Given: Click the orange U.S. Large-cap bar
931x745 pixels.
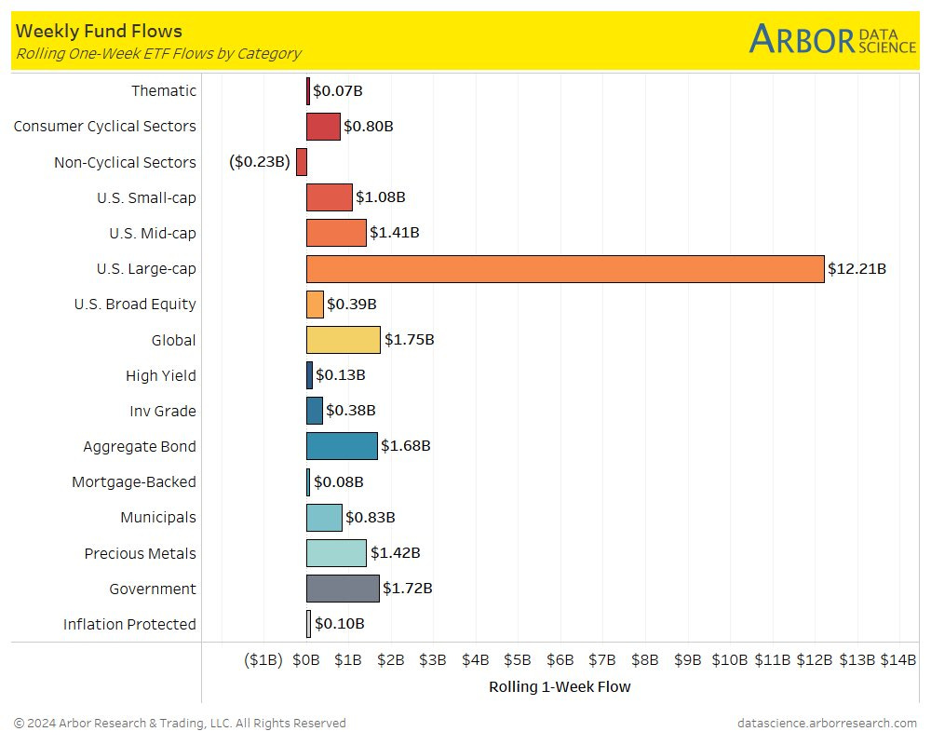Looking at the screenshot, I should (x=565, y=269).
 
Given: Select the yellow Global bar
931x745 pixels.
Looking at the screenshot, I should (x=343, y=340).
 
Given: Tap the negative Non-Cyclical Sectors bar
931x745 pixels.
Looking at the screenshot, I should (x=302, y=162).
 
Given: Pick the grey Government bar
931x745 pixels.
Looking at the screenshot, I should (x=343, y=589).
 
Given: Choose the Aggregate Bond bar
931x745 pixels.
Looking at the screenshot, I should (x=342, y=446).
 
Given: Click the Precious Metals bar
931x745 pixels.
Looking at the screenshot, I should (x=336, y=553).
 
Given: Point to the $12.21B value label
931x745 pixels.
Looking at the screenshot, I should (x=857, y=269).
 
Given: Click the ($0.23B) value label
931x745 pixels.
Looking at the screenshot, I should (x=260, y=162).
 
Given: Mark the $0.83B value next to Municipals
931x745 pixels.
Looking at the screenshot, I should (x=371, y=518).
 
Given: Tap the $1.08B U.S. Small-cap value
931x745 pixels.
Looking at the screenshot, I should (x=381, y=197).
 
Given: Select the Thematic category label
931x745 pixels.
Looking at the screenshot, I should (x=164, y=90).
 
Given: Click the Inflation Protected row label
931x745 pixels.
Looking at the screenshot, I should (x=129, y=624).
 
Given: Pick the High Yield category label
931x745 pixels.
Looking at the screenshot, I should (x=161, y=375).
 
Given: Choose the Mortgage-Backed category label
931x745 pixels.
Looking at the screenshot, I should (x=134, y=482).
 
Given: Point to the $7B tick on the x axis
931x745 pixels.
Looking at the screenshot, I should (x=602, y=660).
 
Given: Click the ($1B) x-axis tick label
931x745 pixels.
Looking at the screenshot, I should (x=263, y=660).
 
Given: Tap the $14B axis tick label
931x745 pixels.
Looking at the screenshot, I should (x=898, y=660).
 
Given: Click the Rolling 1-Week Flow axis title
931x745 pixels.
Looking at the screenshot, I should (x=560, y=687).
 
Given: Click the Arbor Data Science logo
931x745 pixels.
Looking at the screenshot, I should (x=832, y=40).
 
